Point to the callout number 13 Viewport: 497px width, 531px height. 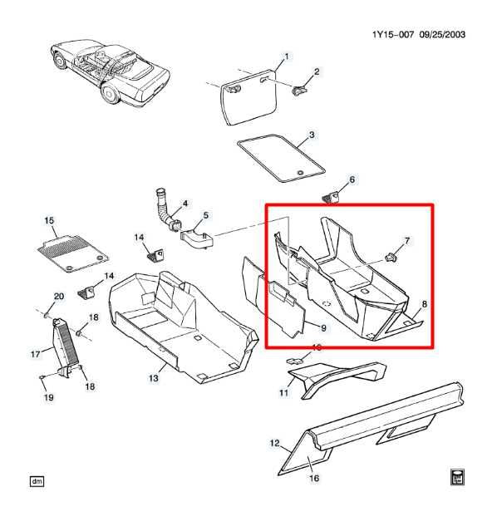pos(153,378)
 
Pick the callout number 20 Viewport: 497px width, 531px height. pos(58,297)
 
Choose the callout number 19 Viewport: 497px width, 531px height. pos(48,397)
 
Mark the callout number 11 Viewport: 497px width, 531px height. pos(283,392)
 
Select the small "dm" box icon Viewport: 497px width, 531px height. pos(36,481)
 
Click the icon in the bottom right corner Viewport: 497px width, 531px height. pos(457,476)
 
